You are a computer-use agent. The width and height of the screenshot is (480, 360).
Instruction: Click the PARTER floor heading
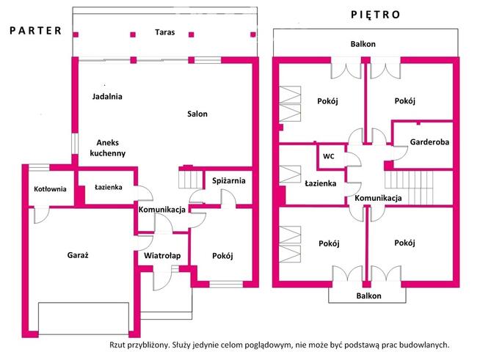click(x=36, y=31)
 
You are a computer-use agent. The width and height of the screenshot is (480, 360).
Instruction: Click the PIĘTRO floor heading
click(x=375, y=15)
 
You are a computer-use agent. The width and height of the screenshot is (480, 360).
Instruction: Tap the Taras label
click(x=164, y=32)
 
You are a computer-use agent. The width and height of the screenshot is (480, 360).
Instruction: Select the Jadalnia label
click(x=107, y=96)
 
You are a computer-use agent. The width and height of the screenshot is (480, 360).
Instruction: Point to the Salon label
click(x=197, y=114)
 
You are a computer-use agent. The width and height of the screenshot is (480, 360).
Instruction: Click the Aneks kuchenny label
click(x=107, y=147)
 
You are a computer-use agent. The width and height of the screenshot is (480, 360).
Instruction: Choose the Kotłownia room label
click(x=50, y=188)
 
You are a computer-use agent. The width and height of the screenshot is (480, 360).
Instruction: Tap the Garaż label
click(x=78, y=255)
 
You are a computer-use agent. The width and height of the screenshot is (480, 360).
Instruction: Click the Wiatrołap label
click(x=162, y=255)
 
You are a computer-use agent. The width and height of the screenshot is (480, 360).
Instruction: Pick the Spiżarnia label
click(x=229, y=180)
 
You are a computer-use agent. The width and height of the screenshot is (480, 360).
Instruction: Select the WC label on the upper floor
click(x=329, y=156)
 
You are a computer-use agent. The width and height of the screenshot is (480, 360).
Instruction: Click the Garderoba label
click(x=429, y=142)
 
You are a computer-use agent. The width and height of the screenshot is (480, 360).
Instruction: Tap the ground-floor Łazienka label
click(x=109, y=187)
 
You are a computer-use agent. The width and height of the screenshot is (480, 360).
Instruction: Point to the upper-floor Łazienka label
click(x=321, y=183)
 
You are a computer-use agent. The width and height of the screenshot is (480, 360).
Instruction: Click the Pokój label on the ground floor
click(x=222, y=255)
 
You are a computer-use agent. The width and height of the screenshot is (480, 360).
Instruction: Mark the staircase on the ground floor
click(x=192, y=179)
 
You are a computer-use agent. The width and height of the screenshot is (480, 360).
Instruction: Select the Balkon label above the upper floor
click(x=363, y=44)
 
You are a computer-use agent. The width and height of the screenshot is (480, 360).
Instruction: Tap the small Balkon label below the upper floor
click(x=368, y=295)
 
